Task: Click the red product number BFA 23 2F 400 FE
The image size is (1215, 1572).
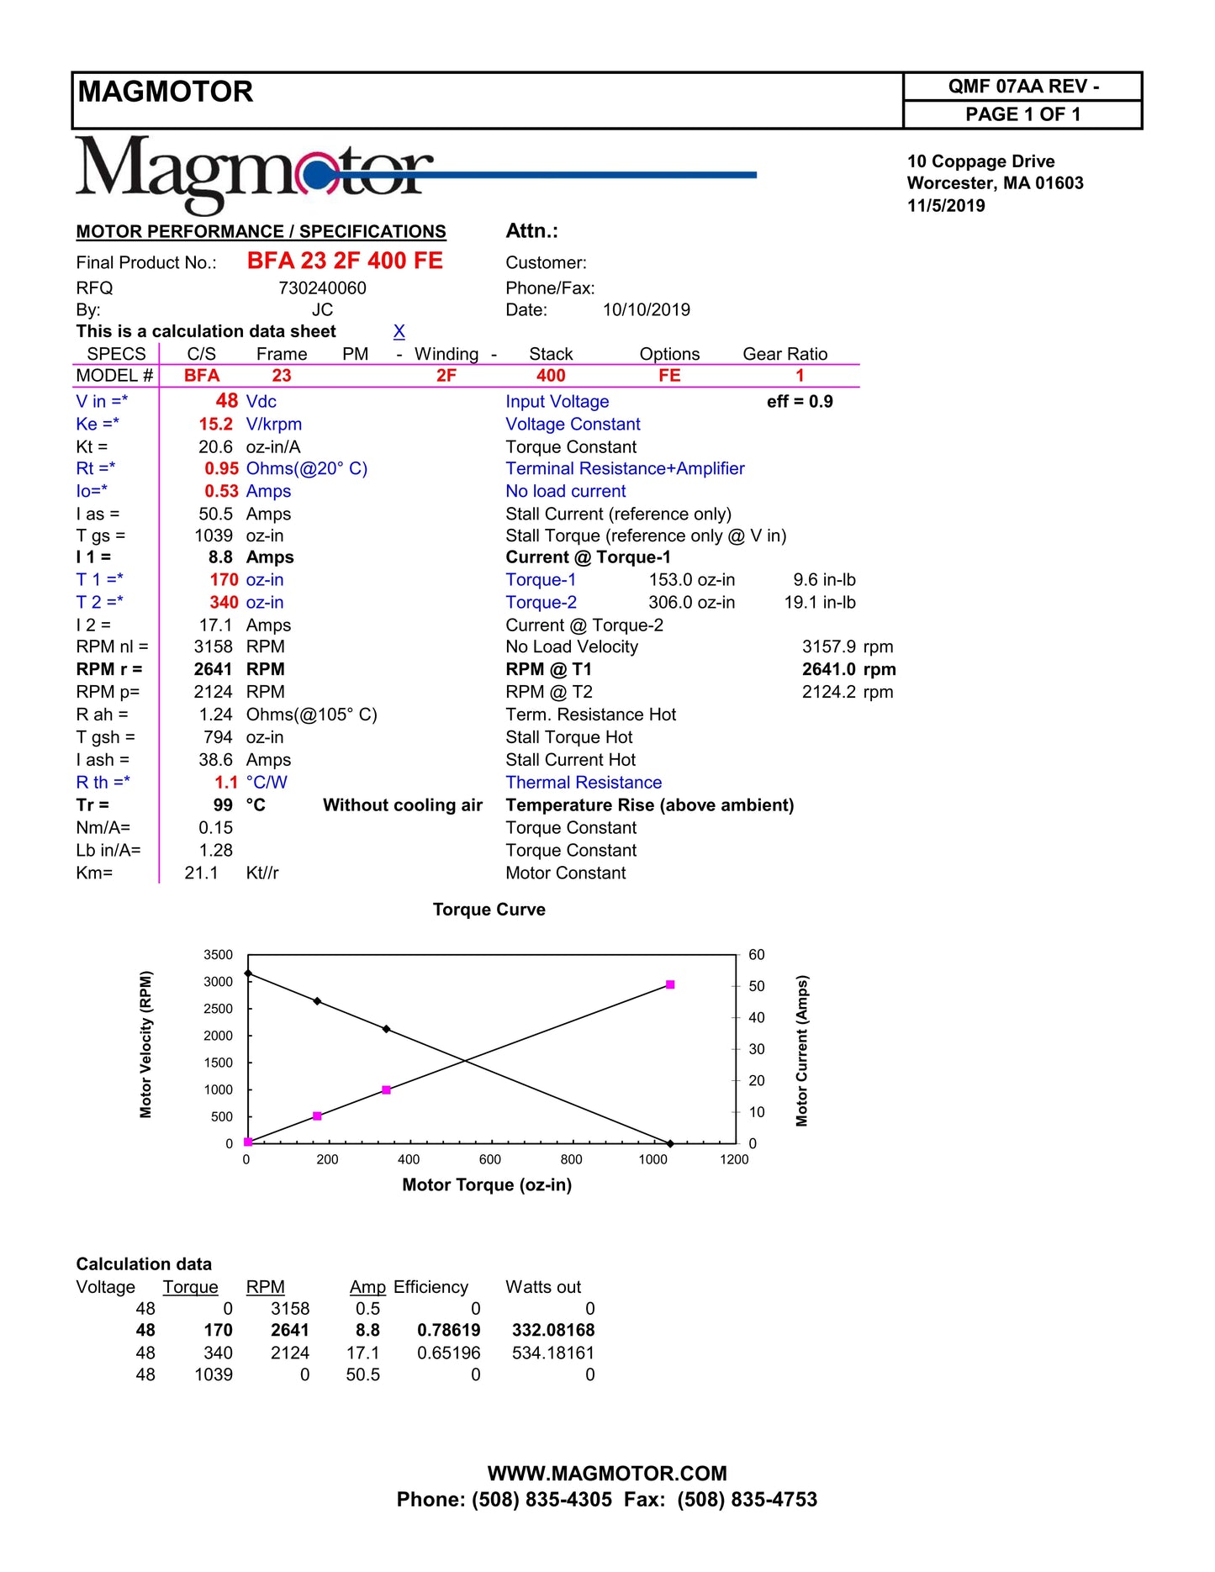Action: tap(345, 261)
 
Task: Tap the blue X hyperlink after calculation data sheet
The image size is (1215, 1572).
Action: tap(399, 331)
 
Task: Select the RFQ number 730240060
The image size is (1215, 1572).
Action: tap(322, 288)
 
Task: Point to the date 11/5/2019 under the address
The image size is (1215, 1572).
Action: tap(946, 205)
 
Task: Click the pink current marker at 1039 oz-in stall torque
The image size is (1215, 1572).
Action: tap(670, 984)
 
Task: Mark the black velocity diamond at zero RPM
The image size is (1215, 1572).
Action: tap(670, 1143)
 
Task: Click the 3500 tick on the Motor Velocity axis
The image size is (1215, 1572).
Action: tap(218, 955)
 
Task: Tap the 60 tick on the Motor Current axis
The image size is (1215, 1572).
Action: tap(757, 955)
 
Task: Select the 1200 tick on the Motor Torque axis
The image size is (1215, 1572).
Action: tap(734, 1159)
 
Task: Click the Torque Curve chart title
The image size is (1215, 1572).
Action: tap(489, 910)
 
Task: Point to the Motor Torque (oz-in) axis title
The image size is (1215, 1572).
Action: tap(487, 1184)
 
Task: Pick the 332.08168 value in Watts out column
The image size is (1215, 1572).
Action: tap(553, 1330)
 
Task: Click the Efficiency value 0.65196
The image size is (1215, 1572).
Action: tap(449, 1353)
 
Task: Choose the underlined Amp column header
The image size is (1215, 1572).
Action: tap(367, 1287)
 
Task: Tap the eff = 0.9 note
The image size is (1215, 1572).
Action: tap(800, 402)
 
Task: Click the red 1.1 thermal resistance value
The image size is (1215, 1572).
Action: tap(226, 783)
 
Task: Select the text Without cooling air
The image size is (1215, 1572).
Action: tap(403, 805)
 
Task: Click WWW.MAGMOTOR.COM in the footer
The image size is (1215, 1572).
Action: tap(607, 1474)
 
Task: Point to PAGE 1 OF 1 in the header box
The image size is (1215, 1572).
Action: tap(1022, 114)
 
